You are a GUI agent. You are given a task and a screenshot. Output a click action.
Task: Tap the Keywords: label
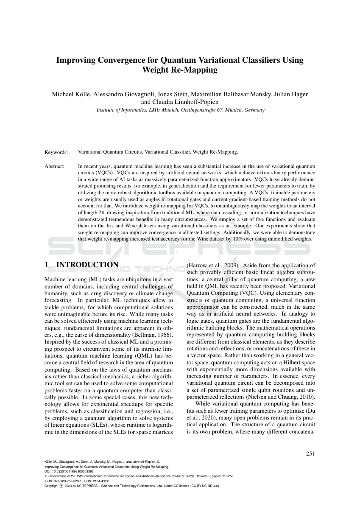click(56, 152)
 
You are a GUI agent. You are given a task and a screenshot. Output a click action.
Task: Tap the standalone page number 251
click(310, 453)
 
